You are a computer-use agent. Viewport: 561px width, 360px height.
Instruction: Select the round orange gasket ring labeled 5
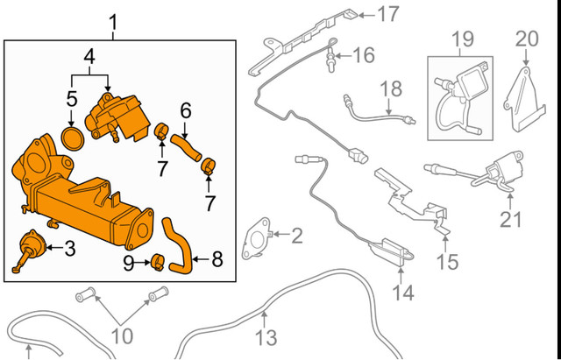click(72, 138)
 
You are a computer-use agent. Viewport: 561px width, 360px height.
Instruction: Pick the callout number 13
click(266, 337)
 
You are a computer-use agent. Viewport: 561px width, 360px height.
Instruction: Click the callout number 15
click(448, 261)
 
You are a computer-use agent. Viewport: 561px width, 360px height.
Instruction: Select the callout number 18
click(390, 88)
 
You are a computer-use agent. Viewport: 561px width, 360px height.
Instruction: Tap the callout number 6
click(185, 111)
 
